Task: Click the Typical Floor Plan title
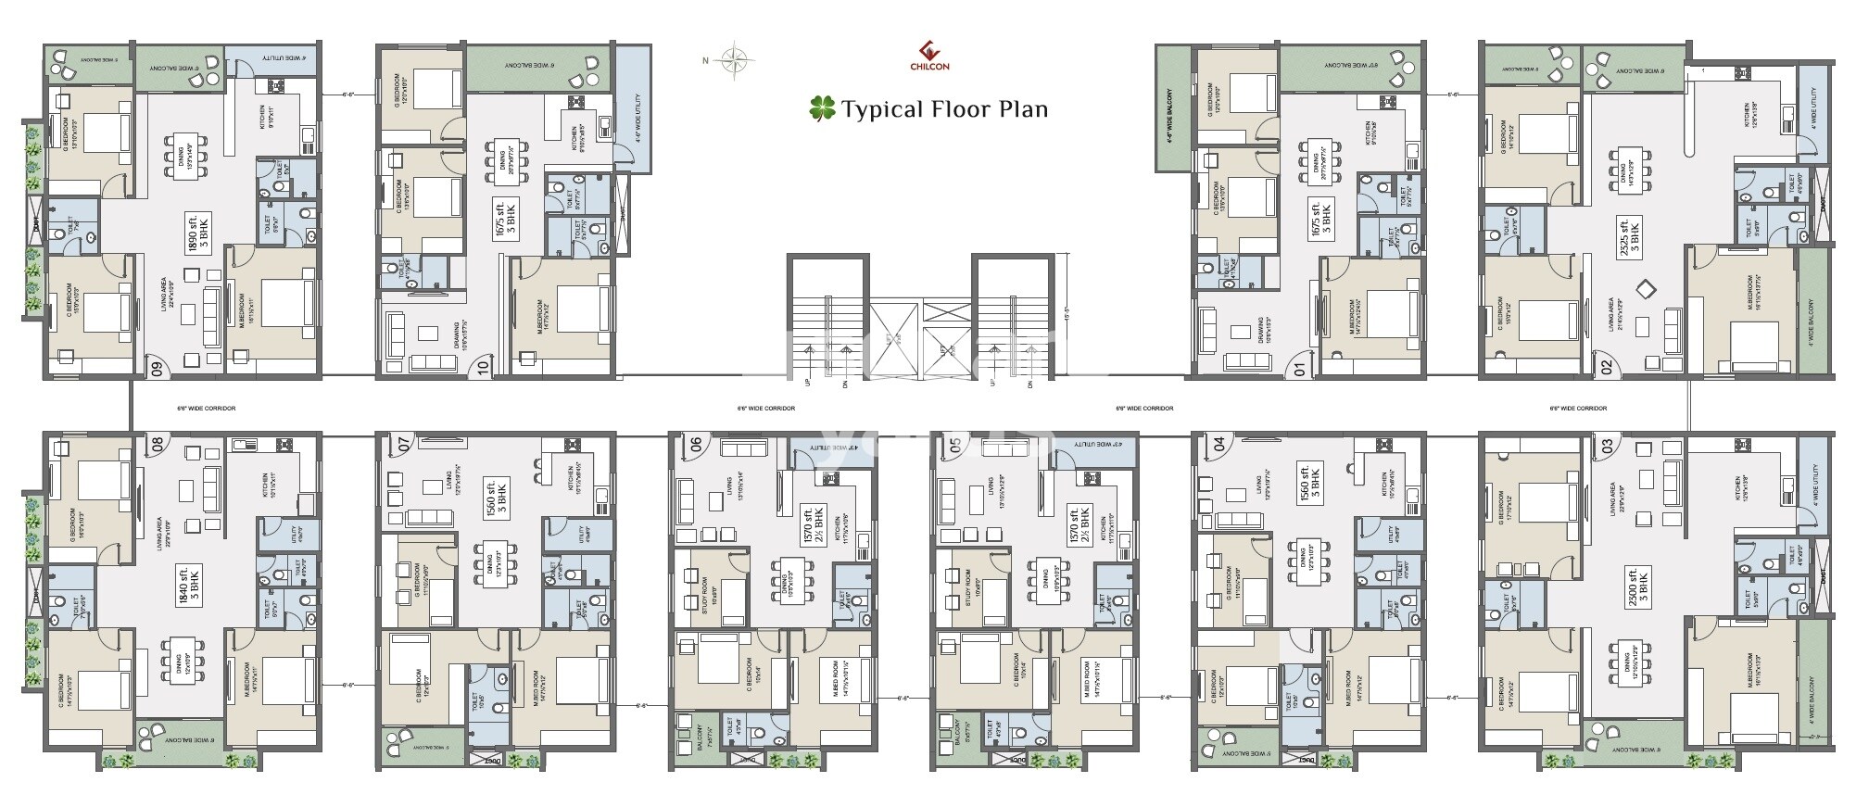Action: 929,109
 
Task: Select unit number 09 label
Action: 157,369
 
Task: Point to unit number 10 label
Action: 483,369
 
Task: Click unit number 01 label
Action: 1299,369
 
